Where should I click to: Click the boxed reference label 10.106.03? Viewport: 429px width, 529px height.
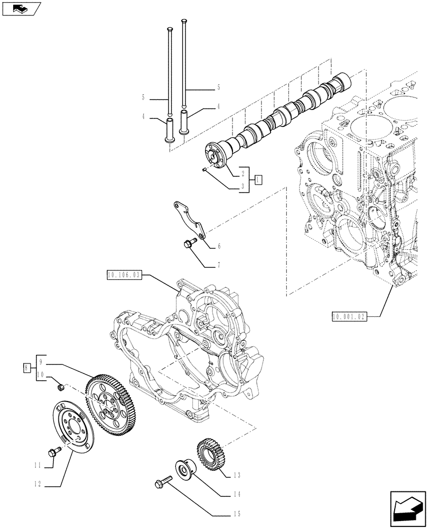point(124,275)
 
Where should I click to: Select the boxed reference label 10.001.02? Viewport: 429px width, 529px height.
point(349,316)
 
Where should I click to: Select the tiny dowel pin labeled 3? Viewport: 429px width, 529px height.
point(204,169)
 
